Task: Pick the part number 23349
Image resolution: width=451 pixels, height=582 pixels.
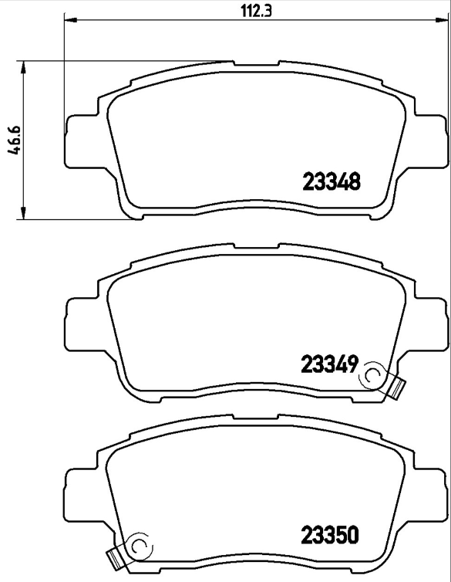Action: click(327, 363)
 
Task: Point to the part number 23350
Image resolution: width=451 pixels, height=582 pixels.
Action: click(330, 535)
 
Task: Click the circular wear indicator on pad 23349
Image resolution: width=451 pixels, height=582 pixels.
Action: click(372, 375)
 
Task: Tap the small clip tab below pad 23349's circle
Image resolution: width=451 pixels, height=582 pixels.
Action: click(397, 387)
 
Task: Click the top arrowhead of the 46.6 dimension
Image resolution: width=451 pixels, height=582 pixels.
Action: click(25, 66)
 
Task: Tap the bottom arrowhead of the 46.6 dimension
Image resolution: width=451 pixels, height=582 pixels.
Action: click(25, 214)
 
